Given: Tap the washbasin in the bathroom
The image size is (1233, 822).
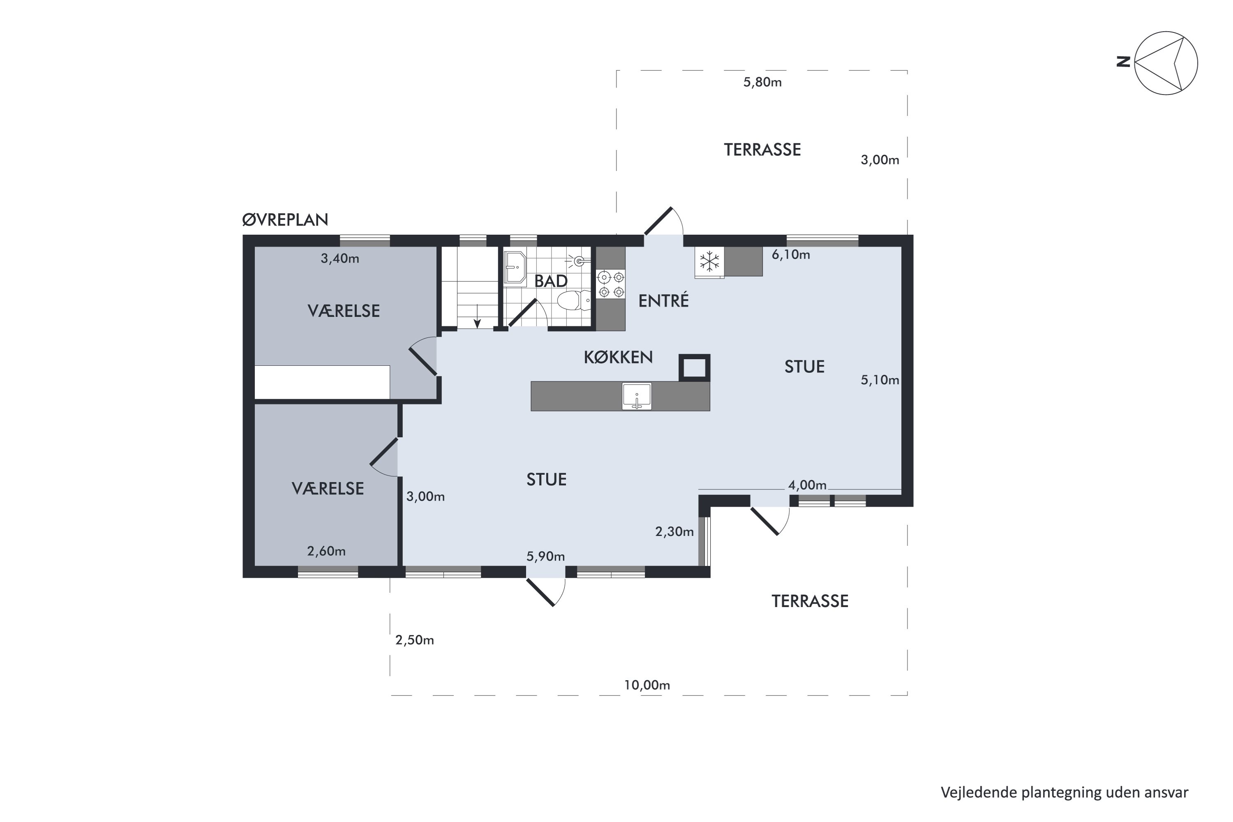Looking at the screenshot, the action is pos(515,268).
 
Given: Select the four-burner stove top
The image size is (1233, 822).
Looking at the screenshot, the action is pos(611,284).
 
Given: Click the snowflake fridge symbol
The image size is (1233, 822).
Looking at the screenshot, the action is pos(710,261).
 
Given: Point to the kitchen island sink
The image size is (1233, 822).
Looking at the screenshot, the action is pos(637,396).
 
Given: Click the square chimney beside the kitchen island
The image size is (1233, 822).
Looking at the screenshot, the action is pos(695,367).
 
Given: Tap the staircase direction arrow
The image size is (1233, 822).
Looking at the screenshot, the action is pos(477,316).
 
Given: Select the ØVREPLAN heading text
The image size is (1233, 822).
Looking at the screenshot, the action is pos(285,219).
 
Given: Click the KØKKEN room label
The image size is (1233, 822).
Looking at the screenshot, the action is pos(619,358).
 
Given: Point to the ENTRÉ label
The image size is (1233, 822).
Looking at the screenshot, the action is pos(664,300).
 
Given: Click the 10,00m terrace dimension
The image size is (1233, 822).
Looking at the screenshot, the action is pos(647,685).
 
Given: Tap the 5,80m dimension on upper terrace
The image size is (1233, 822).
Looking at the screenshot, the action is pos(763,82).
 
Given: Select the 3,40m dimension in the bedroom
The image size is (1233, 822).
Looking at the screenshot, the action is pos(340,259).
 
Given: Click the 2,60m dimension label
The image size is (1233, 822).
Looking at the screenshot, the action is pos(326,551).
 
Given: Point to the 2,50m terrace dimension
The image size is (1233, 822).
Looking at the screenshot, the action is pos(415,640).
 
